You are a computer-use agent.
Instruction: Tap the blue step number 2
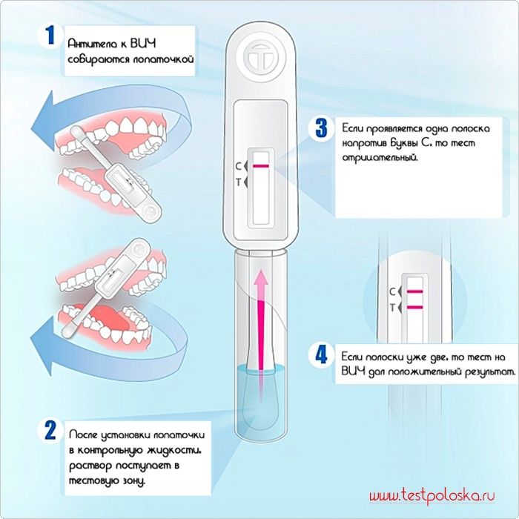pyautogui.click(x=50, y=430)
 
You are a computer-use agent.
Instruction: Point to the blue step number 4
pyautogui.click(x=321, y=355)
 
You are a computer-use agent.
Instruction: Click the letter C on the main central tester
pyautogui.click(x=238, y=166)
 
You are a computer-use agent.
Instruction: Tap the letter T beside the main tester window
pyautogui.click(x=238, y=182)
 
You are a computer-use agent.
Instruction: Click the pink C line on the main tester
pyautogui.click(x=261, y=165)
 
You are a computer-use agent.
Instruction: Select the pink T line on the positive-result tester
pyautogui.click(x=414, y=307)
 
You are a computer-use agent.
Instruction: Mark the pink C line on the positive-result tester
pyautogui.click(x=414, y=291)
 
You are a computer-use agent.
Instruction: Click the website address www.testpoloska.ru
pyautogui.click(x=432, y=495)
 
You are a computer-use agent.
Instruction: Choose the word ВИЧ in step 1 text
pyautogui.click(x=143, y=43)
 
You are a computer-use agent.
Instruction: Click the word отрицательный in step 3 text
pyautogui.click(x=380, y=157)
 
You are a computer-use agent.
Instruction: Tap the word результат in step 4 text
pyautogui.click(x=490, y=371)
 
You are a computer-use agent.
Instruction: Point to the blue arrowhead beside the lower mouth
pyautogui.click(x=42, y=345)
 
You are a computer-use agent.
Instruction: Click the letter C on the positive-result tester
pyautogui.click(x=392, y=291)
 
